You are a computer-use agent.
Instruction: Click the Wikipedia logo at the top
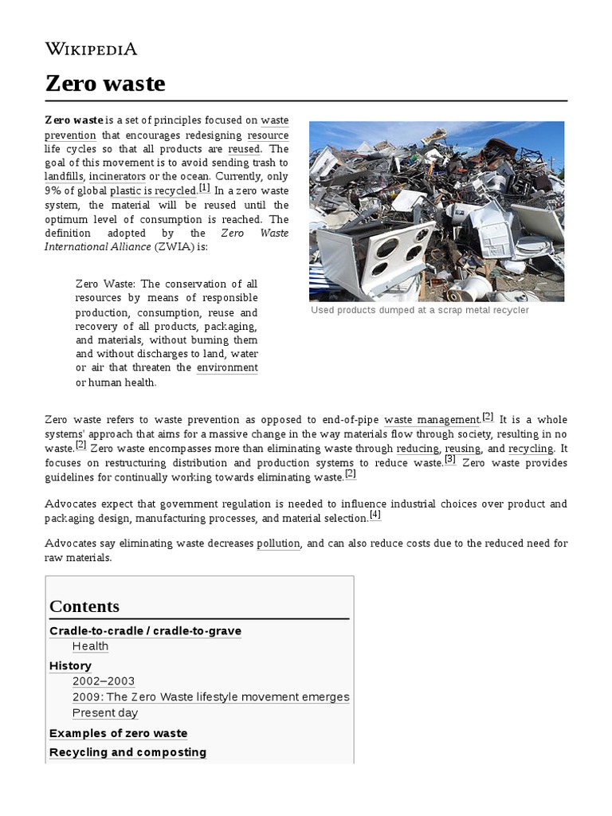[x=91, y=49]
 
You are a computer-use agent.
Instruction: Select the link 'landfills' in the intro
[x=64, y=175]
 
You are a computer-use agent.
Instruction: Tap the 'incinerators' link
[x=117, y=175]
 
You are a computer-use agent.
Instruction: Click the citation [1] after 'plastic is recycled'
[x=205, y=188]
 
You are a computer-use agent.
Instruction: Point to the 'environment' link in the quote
[x=227, y=367]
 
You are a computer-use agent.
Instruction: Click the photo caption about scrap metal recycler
[x=419, y=310]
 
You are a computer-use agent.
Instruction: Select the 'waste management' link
[x=432, y=419]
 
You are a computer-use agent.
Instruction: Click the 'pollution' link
[x=278, y=543]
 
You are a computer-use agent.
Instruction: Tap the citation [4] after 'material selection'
[x=375, y=515]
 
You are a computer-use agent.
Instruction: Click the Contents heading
[x=84, y=606]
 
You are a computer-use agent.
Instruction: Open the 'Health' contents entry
[x=90, y=646]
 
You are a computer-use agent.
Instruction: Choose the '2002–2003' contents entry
[x=104, y=681]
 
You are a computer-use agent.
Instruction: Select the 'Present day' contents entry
[x=105, y=713]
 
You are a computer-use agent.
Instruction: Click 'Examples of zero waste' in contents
[x=118, y=733]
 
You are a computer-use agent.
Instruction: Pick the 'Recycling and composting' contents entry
[x=127, y=752]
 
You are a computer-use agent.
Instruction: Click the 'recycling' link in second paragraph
[x=531, y=449]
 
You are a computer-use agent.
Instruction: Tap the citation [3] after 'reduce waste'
[x=450, y=460]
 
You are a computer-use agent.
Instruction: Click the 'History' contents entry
[x=70, y=665]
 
